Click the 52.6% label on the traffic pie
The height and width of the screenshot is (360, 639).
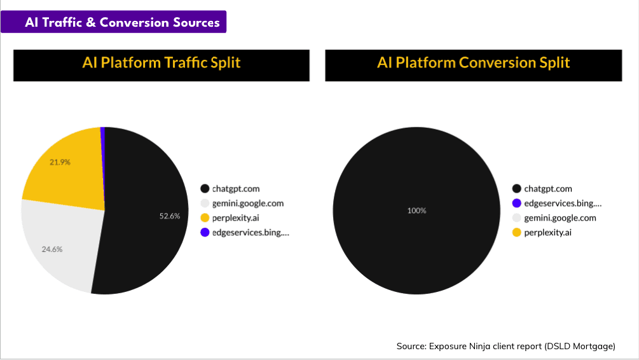[170, 216]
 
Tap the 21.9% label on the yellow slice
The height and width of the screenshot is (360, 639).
[60, 162]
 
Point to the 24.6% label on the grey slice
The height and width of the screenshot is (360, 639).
[52, 249]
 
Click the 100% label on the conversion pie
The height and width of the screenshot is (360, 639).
[417, 211]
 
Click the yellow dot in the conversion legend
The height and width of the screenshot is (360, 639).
[517, 233]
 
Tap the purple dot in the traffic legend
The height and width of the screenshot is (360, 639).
[205, 233]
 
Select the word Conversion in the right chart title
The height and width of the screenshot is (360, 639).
[500, 63]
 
